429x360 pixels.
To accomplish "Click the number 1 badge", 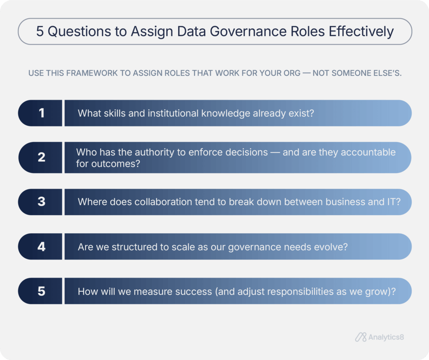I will pyautogui.click(x=41, y=113).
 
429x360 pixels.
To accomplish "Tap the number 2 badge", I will pyautogui.click(x=41, y=157).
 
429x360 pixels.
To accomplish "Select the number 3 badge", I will pyautogui.click(x=41, y=202).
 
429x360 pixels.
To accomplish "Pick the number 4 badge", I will pyautogui.click(x=41, y=247).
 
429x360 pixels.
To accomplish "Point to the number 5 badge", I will pyautogui.click(x=41, y=291).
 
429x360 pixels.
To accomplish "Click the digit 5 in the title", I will pyautogui.click(x=40, y=32).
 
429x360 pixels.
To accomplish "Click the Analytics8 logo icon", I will pyautogui.click(x=361, y=337).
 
